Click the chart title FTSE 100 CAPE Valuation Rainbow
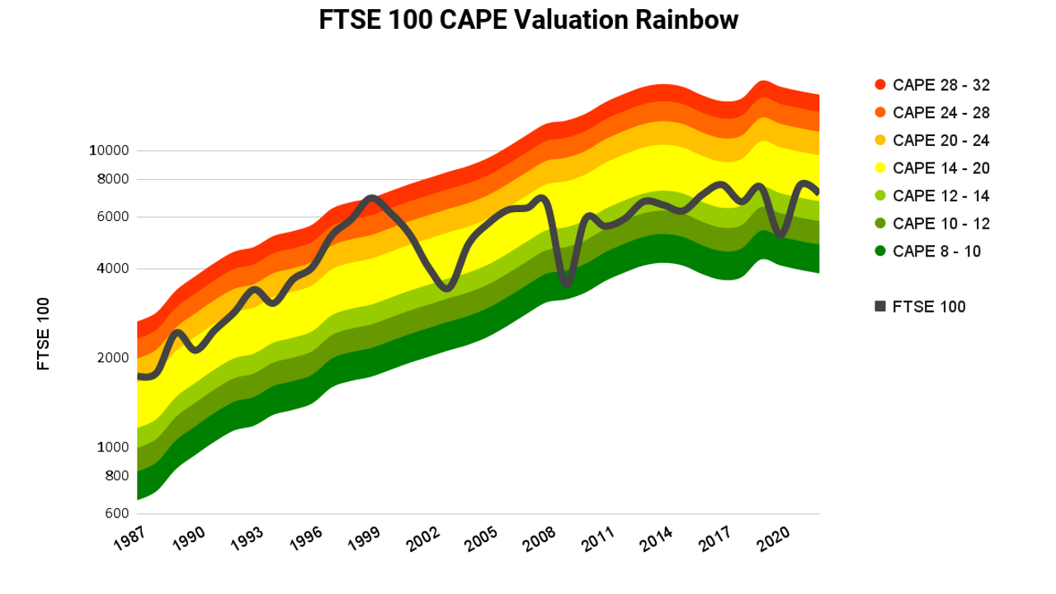pyautogui.click(x=528, y=21)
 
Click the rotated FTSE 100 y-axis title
pyautogui.click(x=44, y=333)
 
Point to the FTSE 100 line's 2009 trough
pyautogui.click(x=566, y=283)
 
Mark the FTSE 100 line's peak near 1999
pyautogui.click(x=372, y=198)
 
